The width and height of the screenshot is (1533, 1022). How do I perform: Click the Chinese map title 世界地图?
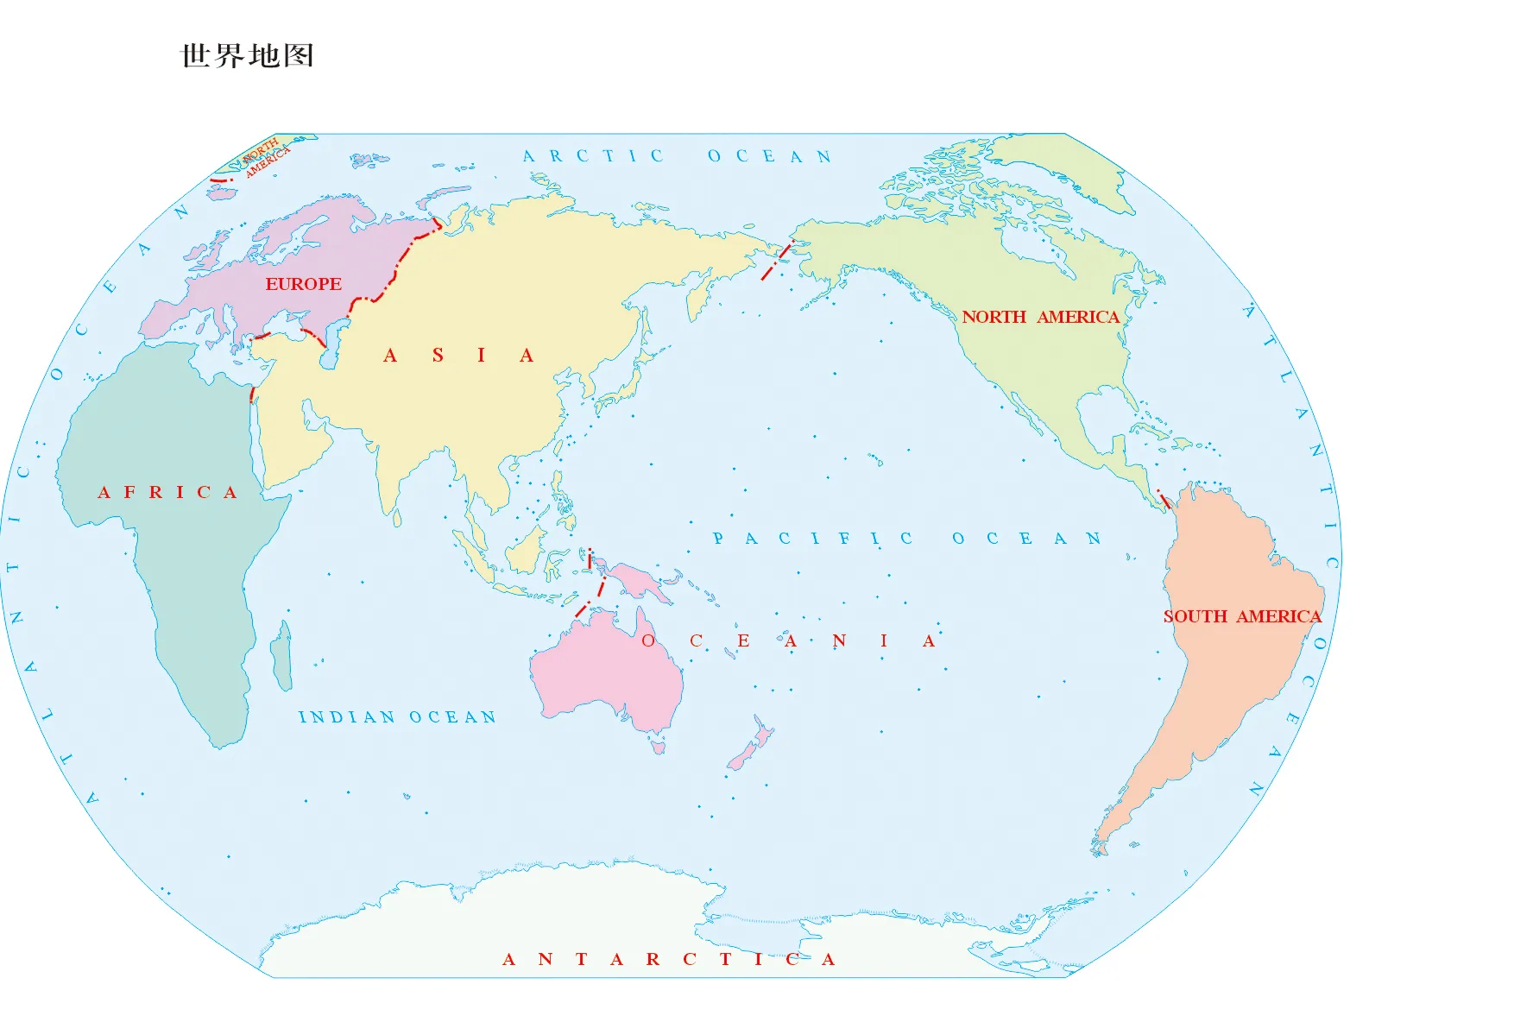[247, 56]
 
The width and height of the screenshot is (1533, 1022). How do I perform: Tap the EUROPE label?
[303, 284]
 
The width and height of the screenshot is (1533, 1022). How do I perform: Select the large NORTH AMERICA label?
[1040, 317]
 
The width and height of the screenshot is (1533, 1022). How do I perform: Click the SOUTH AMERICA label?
[1241, 616]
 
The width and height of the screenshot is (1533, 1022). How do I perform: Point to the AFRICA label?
[167, 492]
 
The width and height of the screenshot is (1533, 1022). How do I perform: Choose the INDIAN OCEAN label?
[397, 717]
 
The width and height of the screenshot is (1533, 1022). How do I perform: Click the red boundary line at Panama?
[1164, 499]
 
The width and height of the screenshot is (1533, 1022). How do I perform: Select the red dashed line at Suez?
[252, 394]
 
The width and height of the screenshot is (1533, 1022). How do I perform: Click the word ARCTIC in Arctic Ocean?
[593, 156]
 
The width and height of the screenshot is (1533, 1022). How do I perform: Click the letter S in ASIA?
[438, 356]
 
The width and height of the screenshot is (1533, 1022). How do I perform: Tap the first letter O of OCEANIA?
[648, 640]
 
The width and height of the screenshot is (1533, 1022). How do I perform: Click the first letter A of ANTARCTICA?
[508, 959]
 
